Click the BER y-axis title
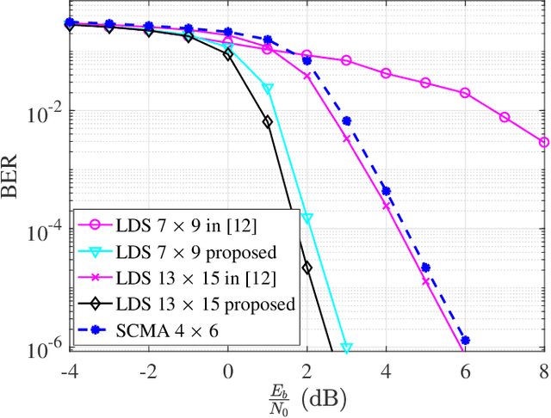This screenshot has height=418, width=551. [15, 186]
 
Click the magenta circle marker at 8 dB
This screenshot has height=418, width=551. [544, 142]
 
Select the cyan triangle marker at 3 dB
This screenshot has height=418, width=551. [347, 348]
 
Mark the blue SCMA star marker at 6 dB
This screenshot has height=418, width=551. [465, 341]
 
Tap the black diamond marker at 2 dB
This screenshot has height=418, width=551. [306, 267]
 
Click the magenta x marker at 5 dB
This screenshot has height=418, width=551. [425, 281]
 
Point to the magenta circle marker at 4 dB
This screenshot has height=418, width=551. [386, 73]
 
